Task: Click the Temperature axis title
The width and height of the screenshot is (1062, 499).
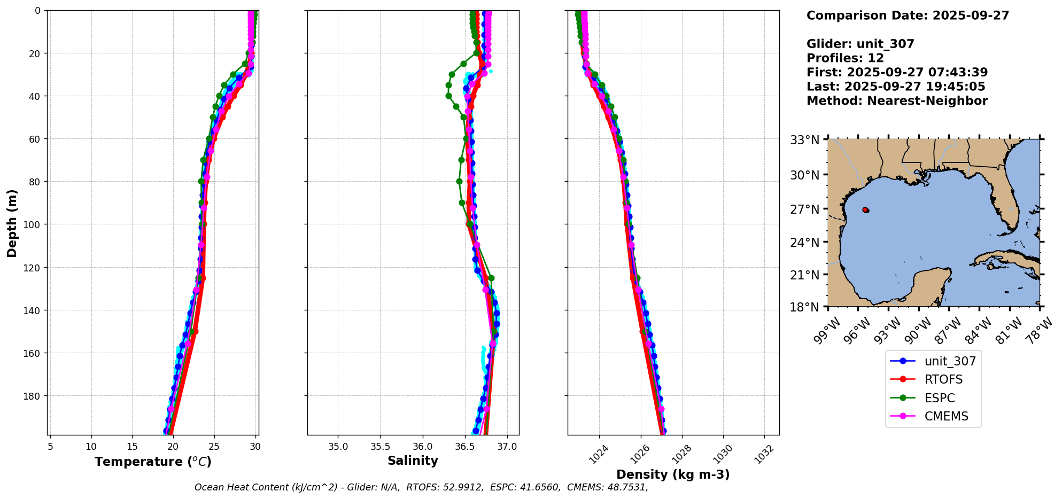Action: [x=153, y=462]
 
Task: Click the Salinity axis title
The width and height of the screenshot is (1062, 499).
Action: [x=413, y=461]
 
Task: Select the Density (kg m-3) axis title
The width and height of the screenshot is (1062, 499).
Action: [x=673, y=474]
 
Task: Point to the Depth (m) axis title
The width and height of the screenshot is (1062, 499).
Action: [x=12, y=223]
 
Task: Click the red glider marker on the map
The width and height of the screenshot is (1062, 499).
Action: [x=865, y=210]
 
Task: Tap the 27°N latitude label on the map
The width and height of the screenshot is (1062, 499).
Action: [x=804, y=209]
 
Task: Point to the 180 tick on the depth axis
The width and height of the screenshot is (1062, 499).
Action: [x=33, y=396]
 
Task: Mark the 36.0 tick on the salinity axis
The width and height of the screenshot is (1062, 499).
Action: [x=422, y=446]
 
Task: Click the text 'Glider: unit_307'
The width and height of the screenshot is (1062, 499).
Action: [x=860, y=44]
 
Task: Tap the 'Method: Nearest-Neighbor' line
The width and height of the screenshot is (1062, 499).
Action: [x=897, y=100]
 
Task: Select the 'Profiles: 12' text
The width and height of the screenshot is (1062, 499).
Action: [x=845, y=58]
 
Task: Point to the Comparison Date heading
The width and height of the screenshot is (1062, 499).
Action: [x=908, y=15]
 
